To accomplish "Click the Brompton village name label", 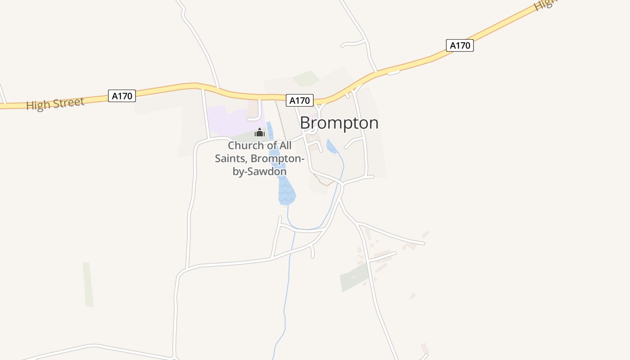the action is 339,123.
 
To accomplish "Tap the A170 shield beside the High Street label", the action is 122,96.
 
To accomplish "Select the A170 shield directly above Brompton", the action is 299,100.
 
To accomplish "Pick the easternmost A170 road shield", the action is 460,45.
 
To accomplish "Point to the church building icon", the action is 259,132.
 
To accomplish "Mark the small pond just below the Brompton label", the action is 332,147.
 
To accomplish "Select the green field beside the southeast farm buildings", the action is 354,277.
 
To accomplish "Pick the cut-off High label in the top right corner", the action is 545,4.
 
